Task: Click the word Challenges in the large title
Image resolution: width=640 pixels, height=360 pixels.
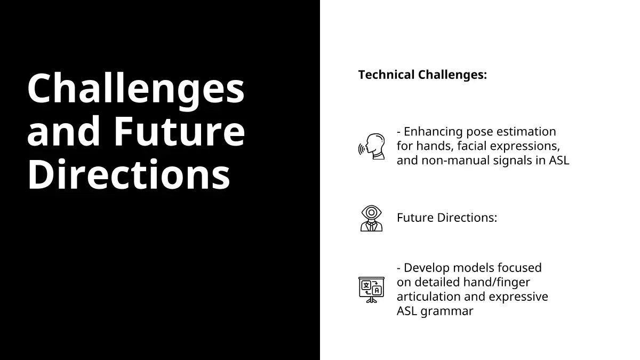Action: [x=136, y=89]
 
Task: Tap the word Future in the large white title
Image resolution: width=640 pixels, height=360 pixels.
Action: [x=180, y=131]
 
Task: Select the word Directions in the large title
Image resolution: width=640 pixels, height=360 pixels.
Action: [x=129, y=174]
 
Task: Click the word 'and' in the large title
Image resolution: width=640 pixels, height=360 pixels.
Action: [x=63, y=131]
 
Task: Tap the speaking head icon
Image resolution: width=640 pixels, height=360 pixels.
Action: [x=371, y=146]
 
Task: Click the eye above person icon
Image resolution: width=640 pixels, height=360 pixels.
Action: [x=371, y=218]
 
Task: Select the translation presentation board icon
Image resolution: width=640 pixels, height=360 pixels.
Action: [x=371, y=290]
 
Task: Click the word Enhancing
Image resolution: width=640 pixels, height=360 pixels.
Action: [x=433, y=132]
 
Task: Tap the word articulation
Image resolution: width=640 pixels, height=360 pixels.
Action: [x=429, y=297]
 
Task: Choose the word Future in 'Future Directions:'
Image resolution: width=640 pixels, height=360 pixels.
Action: [x=415, y=218]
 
